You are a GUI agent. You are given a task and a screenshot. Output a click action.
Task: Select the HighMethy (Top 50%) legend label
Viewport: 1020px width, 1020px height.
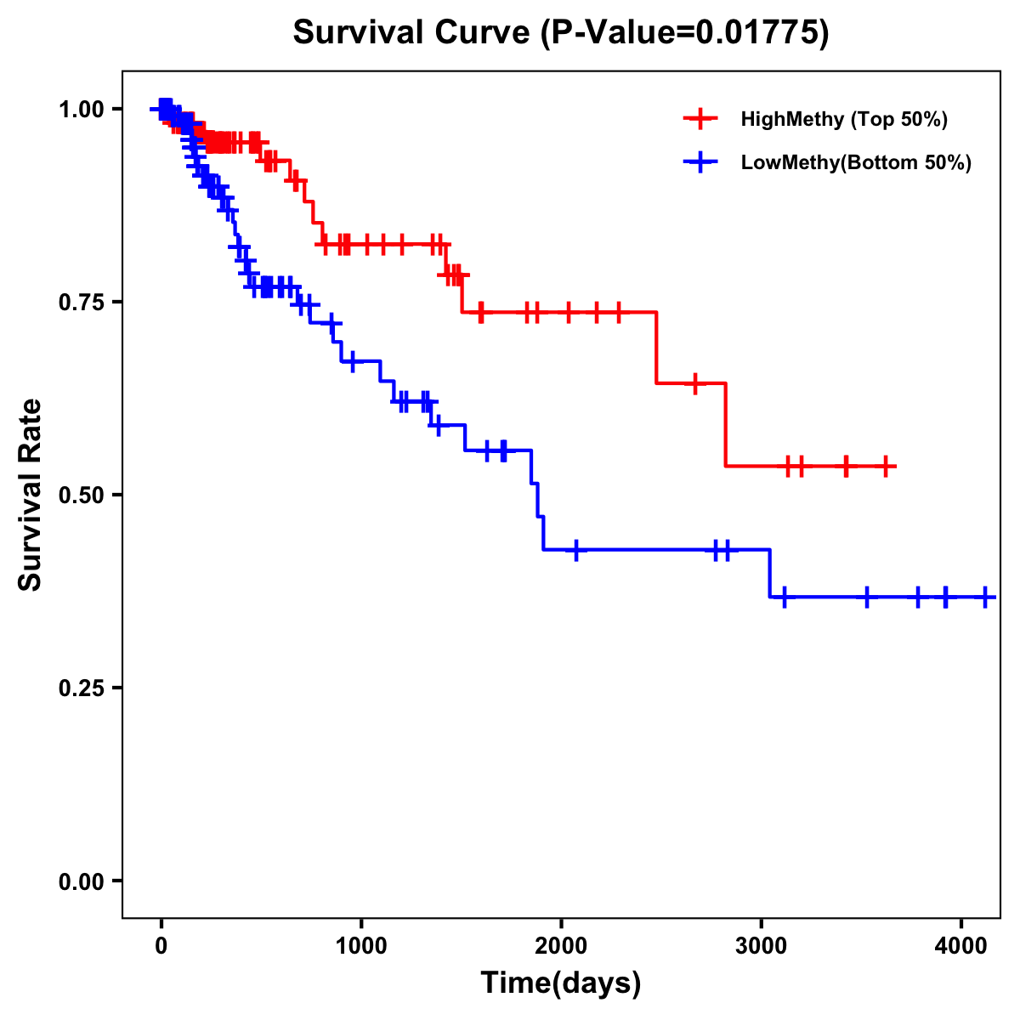(x=843, y=119)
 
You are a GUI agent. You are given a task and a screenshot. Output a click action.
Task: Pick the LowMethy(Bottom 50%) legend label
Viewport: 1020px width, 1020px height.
(x=855, y=162)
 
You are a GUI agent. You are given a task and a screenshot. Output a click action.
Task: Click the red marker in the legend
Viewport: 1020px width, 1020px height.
(x=700, y=119)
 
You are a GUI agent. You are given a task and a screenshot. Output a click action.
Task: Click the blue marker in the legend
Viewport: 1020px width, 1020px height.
(x=700, y=162)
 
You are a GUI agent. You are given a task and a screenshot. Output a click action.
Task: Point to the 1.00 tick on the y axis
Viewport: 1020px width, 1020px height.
(x=80, y=110)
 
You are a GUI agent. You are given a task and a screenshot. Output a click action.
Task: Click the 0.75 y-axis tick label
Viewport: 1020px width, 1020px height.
(x=80, y=303)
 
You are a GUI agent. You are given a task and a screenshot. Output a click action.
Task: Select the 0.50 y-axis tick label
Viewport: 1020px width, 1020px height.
(x=80, y=496)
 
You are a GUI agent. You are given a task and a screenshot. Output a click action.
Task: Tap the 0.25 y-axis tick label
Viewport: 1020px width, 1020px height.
(x=80, y=688)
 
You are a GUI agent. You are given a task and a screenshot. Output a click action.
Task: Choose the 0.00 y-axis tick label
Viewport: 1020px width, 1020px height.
(x=80, y=881)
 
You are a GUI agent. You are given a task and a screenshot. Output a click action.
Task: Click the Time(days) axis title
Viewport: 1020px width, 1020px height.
(x=561, y=983)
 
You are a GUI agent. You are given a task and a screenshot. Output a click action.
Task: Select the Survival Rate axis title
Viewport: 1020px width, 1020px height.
(x=31, y=495)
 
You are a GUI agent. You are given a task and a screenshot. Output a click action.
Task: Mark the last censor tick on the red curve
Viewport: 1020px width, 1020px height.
(x=886, y=467)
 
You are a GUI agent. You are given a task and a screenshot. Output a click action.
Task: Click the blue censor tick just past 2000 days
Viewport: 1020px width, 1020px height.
(x=576, y=550)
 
